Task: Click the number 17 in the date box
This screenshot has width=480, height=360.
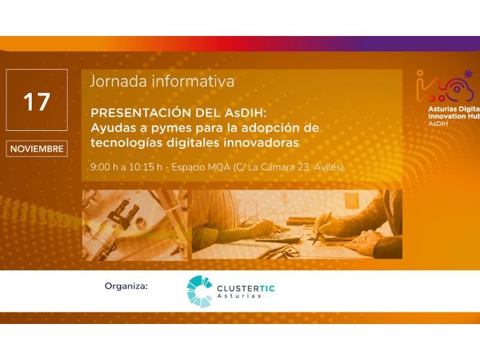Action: (37, 102)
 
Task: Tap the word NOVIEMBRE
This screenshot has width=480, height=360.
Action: (37, 149)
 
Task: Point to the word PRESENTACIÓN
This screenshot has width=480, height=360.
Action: (141, 113)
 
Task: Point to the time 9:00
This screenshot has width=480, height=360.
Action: (100, 167)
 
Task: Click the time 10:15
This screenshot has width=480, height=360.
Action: (142, 167)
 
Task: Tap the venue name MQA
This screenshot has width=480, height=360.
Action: (219, 167)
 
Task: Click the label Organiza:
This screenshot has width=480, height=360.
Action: (126, 286)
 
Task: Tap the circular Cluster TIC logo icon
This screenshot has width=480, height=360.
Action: (199, 291)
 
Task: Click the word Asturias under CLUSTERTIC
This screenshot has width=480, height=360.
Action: (239, 296)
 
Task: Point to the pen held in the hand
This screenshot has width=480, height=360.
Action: (322, 228)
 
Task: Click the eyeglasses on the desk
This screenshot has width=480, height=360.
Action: (283, 252)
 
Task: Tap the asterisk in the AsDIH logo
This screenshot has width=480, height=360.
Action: (468, 74)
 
